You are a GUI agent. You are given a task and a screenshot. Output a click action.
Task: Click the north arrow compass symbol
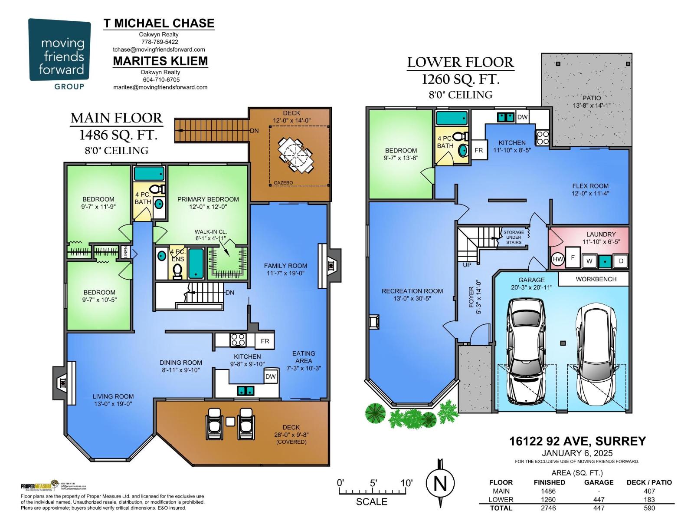[x=440, y=483]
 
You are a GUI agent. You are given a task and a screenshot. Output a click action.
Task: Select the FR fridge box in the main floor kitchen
[x=265, y=341]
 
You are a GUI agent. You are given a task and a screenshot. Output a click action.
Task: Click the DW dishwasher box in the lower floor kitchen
[x=522, y=117]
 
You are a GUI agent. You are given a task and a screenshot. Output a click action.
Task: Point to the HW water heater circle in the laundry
[x=558, y=260]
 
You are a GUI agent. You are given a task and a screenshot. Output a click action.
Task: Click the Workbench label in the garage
[x=596, y=279]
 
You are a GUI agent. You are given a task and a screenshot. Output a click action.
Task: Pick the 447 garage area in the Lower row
[x=599, y=499]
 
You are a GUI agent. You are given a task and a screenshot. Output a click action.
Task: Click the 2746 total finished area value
[x=548, y=508]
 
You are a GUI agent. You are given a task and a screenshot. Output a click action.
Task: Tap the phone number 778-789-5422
[x=158, y=42]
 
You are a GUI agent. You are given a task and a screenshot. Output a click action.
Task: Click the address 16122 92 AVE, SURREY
[x=577, y=441]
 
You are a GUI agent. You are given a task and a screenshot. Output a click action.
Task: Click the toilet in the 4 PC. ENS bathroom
[x=177, y=271]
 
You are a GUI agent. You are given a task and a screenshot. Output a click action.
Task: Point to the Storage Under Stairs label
[x=514, y=237]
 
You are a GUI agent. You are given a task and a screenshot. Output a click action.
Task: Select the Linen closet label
[x=126, y=252]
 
